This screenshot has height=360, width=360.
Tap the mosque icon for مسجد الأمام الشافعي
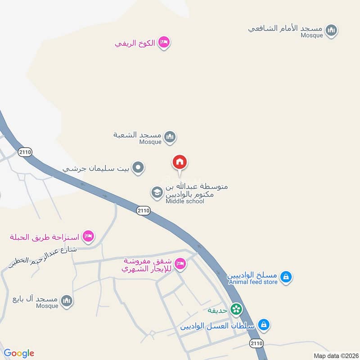332,31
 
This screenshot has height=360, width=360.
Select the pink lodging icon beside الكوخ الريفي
164,43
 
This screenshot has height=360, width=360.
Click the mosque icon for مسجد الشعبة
170,137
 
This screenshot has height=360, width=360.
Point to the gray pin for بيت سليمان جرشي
139,168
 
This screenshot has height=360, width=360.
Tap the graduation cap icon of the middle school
157,193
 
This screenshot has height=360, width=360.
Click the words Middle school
184,201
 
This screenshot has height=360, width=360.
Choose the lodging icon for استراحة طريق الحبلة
88,235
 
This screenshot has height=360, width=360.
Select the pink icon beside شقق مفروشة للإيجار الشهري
180,264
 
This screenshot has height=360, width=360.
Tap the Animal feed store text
253,282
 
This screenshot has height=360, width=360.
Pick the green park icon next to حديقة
236,309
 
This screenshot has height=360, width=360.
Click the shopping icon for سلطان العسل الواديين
264,324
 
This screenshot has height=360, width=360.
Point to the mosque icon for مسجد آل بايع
67,300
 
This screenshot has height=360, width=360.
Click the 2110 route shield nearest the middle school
143,210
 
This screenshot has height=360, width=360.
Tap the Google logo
19,353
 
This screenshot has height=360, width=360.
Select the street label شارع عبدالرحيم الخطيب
43,256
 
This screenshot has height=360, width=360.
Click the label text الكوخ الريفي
135,43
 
